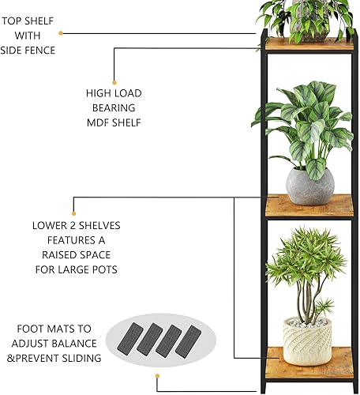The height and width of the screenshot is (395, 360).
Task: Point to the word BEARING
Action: tap(114, 108)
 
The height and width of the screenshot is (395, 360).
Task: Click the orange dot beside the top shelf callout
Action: tap(62, 33)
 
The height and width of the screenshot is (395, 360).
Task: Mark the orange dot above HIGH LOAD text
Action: tap(115, 79)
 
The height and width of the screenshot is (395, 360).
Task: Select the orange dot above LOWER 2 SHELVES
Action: tap(73, 213)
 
